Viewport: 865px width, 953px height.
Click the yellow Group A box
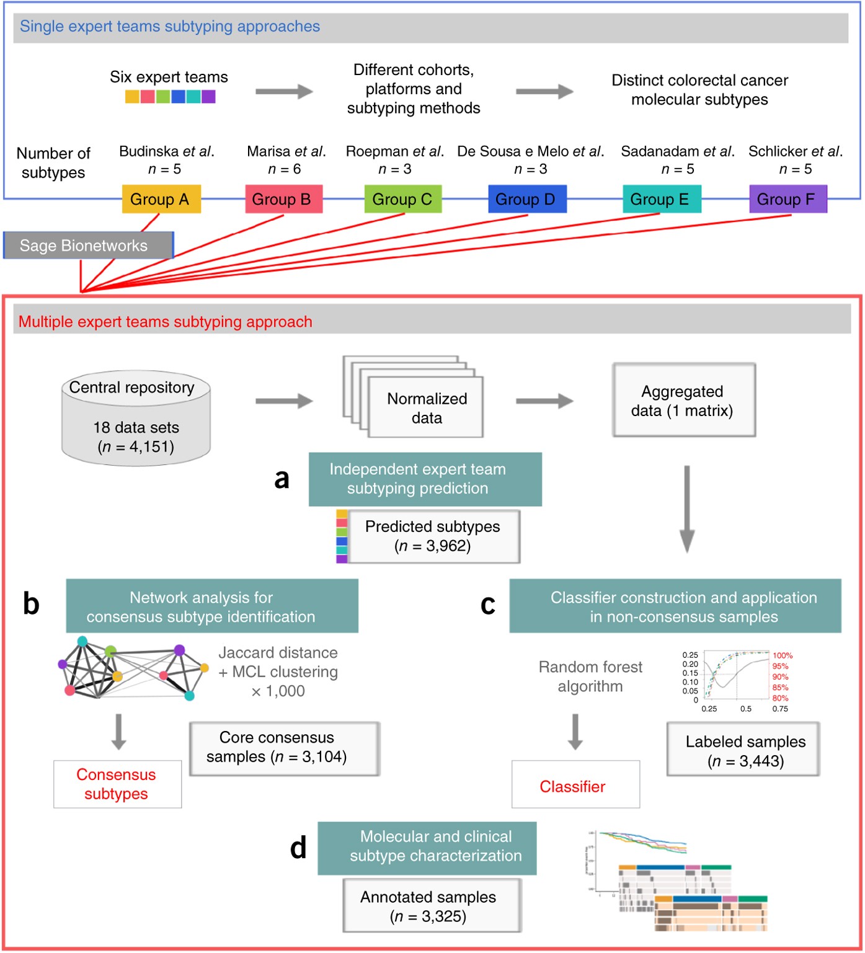point(161,199)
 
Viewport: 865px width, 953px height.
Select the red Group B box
point(283,199)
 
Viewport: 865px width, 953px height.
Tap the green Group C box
point(402,199)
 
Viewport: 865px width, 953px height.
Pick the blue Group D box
point(527,199)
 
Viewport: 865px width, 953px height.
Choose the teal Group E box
point(661,199)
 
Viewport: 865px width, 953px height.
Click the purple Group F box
point(787,199)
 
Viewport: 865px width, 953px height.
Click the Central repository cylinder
point(136,417)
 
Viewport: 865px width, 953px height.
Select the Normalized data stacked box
point(426,407)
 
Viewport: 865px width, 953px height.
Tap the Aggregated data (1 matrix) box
point(683,401)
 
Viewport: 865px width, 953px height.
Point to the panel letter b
point(31,603)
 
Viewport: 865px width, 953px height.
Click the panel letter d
point(298,848)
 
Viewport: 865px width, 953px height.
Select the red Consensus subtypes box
point(117,784)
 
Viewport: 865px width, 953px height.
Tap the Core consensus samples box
point(284,748)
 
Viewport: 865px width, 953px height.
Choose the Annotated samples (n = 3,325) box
point(432,906)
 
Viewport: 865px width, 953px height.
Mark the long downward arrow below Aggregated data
point(686,508)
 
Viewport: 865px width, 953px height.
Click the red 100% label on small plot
point(783,655)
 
